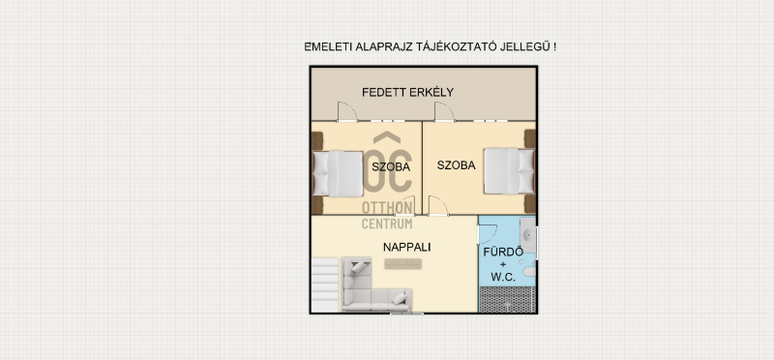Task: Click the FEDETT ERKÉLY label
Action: (407, 92)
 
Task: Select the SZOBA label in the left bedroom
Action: (391, 166)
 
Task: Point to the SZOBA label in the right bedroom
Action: (456, 165)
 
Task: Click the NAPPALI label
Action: (406, 247)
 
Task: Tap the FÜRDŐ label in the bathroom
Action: (503, 252)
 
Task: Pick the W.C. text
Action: (503, 277)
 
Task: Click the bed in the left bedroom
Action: (338, 174)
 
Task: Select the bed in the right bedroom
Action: (509, 171)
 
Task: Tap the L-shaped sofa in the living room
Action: (372, 289)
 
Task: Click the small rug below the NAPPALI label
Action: (402, 264)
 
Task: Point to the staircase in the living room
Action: (325, 285)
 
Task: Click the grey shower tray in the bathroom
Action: (507, 299)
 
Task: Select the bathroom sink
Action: (527, 235)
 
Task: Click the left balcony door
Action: (347, 111)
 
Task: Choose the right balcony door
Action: (444, 111)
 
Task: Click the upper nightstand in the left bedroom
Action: (317, 140)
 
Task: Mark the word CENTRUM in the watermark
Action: (387, 224)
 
